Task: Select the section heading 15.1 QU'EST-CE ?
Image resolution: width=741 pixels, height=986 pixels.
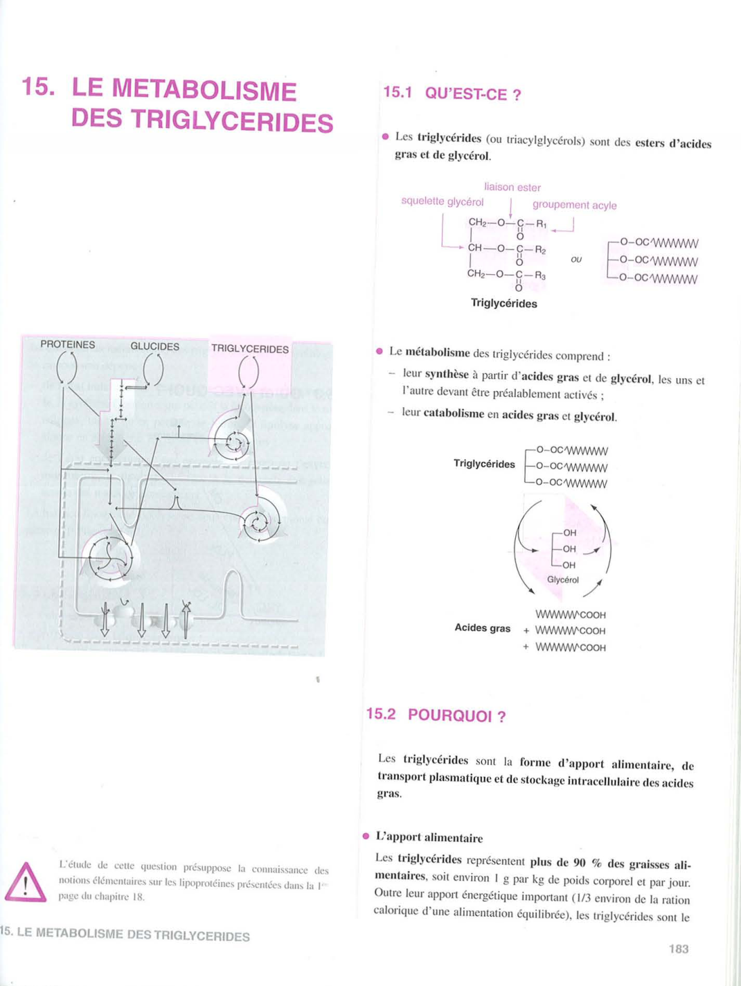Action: click(x=452, y=93)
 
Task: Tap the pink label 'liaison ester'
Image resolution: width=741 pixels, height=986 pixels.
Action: click(x=512, y=187)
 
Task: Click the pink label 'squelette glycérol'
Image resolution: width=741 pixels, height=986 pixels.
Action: click(x=442, y=201)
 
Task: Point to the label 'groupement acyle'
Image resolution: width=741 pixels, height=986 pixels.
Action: click(x=574, y=205)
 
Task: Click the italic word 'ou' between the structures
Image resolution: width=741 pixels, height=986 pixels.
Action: click(x=576, y=260)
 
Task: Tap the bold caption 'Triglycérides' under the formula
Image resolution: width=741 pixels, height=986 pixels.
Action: click(x=503, y=303)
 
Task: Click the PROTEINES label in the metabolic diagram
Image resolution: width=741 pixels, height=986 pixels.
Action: click(x=67, y=344)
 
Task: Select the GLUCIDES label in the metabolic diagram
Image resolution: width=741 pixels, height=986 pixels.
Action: click(x=154, y=346)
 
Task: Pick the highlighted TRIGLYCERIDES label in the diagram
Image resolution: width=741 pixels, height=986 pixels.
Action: click(x=249, y=349)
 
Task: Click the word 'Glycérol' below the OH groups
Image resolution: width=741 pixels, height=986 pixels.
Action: click(x=562, y=580)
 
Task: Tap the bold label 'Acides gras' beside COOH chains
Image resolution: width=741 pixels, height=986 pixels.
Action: click(x=482, y=628)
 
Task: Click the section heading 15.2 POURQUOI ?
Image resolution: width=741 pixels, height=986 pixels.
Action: click(x=436, y=715)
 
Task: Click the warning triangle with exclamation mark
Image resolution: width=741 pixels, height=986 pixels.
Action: click(x=26, y=883)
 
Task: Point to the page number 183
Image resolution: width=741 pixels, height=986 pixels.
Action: click(x=679, y=949)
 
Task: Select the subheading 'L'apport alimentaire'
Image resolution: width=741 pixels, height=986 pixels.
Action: click(x=429, y=838)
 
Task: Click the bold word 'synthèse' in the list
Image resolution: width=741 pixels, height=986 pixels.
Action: click(x=446, y=375)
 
